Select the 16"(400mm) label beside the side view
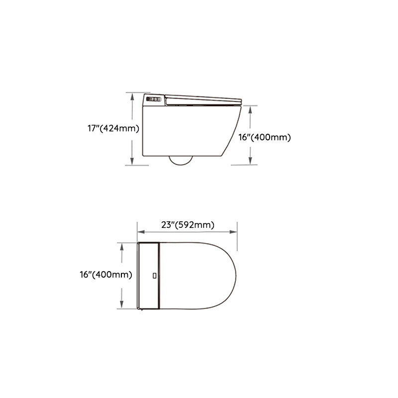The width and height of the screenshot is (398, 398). pyautogui.click(x=264, y=137)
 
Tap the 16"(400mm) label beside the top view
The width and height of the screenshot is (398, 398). pyautogui.click(x=105, y=274)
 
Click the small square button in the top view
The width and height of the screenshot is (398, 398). pyautogui.click(x=154, y=275)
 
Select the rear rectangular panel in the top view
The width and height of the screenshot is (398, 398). pyautogui.click(x=149, y=275)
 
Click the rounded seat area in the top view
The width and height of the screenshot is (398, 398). pyautogui.click(x=199, y=275)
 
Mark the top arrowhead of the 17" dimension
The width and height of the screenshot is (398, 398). pyautogui.click(x=132, y=96)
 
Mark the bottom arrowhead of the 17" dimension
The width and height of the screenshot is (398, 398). pyautogui.click(x=132, y=162)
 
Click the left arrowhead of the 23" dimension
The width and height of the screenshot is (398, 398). pyautogui.click(x=140, y=231)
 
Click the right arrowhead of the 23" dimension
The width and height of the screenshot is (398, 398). pyautogui.click(x=234, y=231)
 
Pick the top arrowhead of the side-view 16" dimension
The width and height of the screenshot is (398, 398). pyautogui.click(x=250, y=109)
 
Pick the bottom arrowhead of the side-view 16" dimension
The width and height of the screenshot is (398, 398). pyautogui.click(x=250, y=160)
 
